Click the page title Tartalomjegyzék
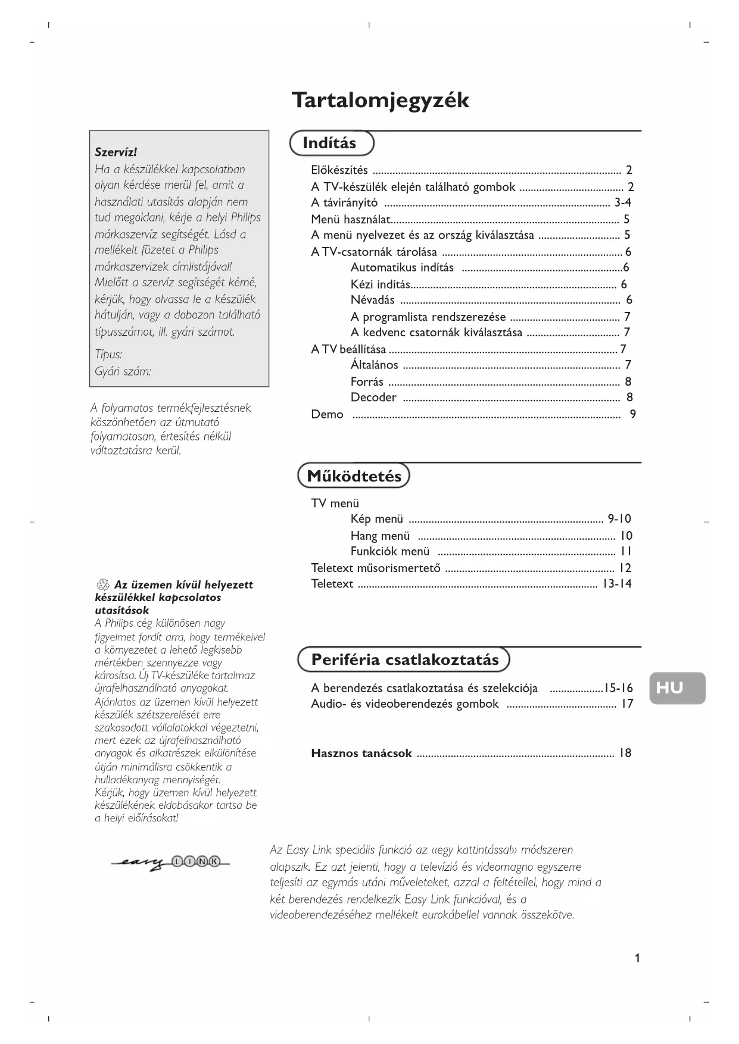click(x=380, y=101)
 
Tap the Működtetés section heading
click(x=354, y=476)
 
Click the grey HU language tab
click(x=676, y=688)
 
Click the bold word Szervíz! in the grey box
click(x=116, y=152)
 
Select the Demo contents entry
click(x=327, y=414)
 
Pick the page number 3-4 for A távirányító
click(x=623, y=202)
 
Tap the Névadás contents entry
click(x=372, y=300)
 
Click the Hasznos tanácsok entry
click(x=361, y=754)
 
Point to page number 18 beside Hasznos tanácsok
click(x=625, y=753)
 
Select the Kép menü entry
click(x=376, y=519)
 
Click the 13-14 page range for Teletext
click(x=617, y=584)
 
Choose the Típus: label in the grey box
click(x=108, y=355)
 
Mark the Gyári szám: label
click(x=123, y=371)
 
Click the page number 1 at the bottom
click(x=637, y=958)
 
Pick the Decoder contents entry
click(x=373, y=398)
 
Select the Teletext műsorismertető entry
click(x=376, y=568)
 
